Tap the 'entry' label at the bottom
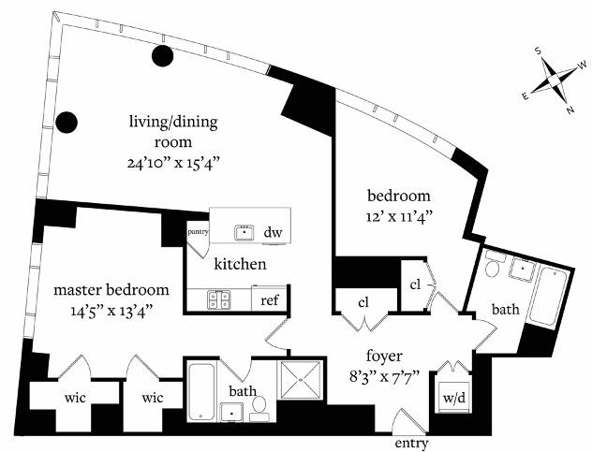[x=413, y=442]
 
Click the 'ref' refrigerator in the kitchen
[x=270, y=299]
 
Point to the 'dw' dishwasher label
[x=273, y=232]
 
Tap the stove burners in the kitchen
[x=218, y=299]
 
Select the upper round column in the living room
[x=163, y=56]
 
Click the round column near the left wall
[x=67, y=122]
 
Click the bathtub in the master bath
[x=201, y=392]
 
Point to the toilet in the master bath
[x=261, y=405]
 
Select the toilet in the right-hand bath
[x=493, y=269]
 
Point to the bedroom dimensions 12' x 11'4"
[x=398, y=214]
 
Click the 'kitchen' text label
[x=240, y=265]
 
